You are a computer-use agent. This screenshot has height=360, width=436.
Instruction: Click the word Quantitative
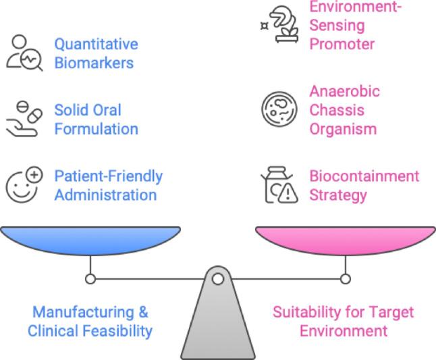[96, 45]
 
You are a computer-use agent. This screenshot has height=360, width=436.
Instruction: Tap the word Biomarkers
[94, 63]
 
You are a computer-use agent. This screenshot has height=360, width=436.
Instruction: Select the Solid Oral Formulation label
[96, 119]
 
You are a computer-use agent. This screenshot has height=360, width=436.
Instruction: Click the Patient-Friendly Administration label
[108, 186]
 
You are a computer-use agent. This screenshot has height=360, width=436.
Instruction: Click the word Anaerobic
[344, 91]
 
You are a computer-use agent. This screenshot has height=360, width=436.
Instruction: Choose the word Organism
[342, 128]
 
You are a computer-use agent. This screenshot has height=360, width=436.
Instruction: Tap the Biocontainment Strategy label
[364, 186]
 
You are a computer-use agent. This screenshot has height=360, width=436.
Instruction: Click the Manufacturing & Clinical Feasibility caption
[90, 322]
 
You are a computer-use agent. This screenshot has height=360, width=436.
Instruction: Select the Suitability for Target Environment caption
[343, 322]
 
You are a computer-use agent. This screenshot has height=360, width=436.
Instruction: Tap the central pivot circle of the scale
[217, 278]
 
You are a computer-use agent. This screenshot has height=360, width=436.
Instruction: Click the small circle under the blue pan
[90, 278]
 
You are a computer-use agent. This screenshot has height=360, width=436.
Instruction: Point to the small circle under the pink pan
[345, 278]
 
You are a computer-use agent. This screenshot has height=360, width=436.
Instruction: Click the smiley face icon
[24, 185]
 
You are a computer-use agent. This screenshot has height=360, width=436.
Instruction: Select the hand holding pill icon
[24, 119]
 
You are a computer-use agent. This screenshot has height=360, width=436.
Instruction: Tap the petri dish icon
[278, 110]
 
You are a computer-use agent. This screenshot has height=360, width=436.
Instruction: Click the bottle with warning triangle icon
[279, 186]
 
